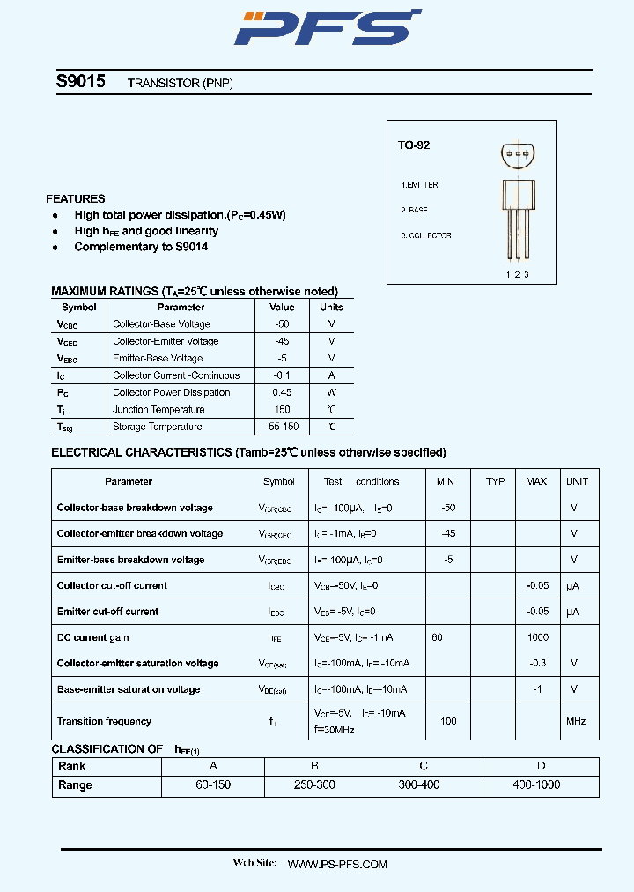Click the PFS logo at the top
click(326, 27)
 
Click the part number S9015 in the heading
click(81, 82)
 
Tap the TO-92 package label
click(413, 145)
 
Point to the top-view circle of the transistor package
click(517, 155)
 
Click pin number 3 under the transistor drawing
click(527, 274)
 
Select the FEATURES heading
click(76, 199)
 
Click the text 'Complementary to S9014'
click(141, 247)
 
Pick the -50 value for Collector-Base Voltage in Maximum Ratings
click(282, 324)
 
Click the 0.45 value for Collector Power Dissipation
click(282, 392)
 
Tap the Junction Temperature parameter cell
click(158, 410)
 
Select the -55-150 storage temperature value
click(282, 427)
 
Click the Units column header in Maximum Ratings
click(331, 308)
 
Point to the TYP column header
click(495, 481)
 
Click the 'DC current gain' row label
click(93, 637)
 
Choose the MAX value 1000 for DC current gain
click(537, 637)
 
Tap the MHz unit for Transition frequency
click(576, 721)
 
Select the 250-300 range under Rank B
click(314, 784)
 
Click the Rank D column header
click(541, 766)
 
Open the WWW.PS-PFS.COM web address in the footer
click(337, 865)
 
